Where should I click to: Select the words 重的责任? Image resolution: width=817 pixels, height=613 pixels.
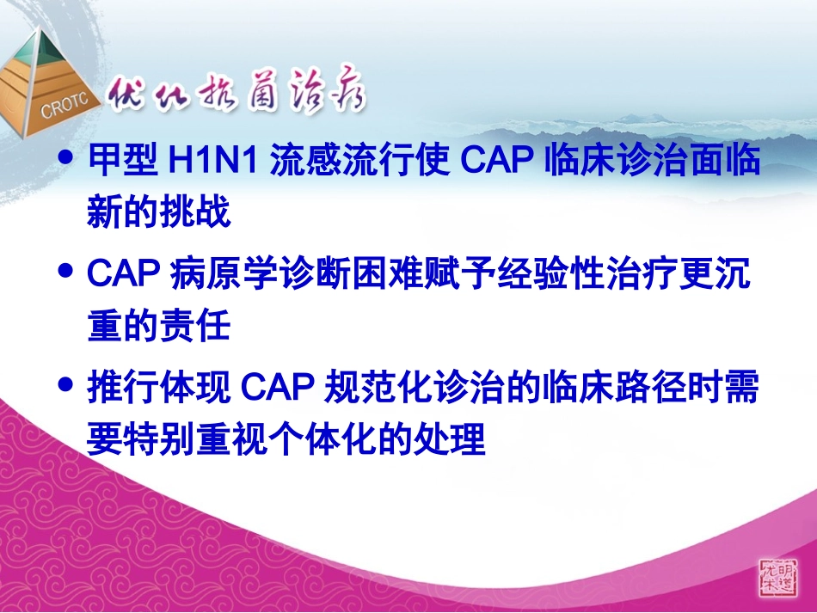[159, 327]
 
